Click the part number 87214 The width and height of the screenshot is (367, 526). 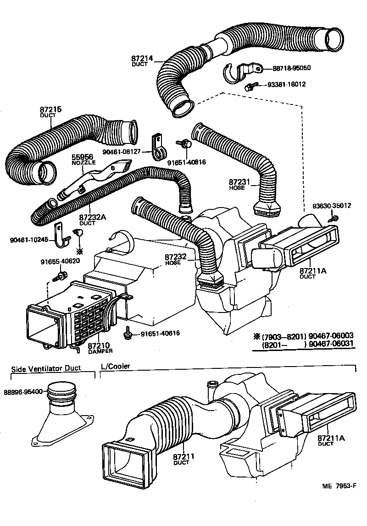point(141,59)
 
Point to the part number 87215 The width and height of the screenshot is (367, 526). point(50,110)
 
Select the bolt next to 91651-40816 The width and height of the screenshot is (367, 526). point(186,144)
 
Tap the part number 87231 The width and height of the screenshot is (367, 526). point(239,182)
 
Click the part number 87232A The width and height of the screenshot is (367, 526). point(94,218)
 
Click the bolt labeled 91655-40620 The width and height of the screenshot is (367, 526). point(60,276)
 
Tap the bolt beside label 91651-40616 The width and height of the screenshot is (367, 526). point(128,334)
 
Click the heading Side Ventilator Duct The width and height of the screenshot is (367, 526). point(46,368)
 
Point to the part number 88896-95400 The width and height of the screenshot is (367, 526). point(23,392)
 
